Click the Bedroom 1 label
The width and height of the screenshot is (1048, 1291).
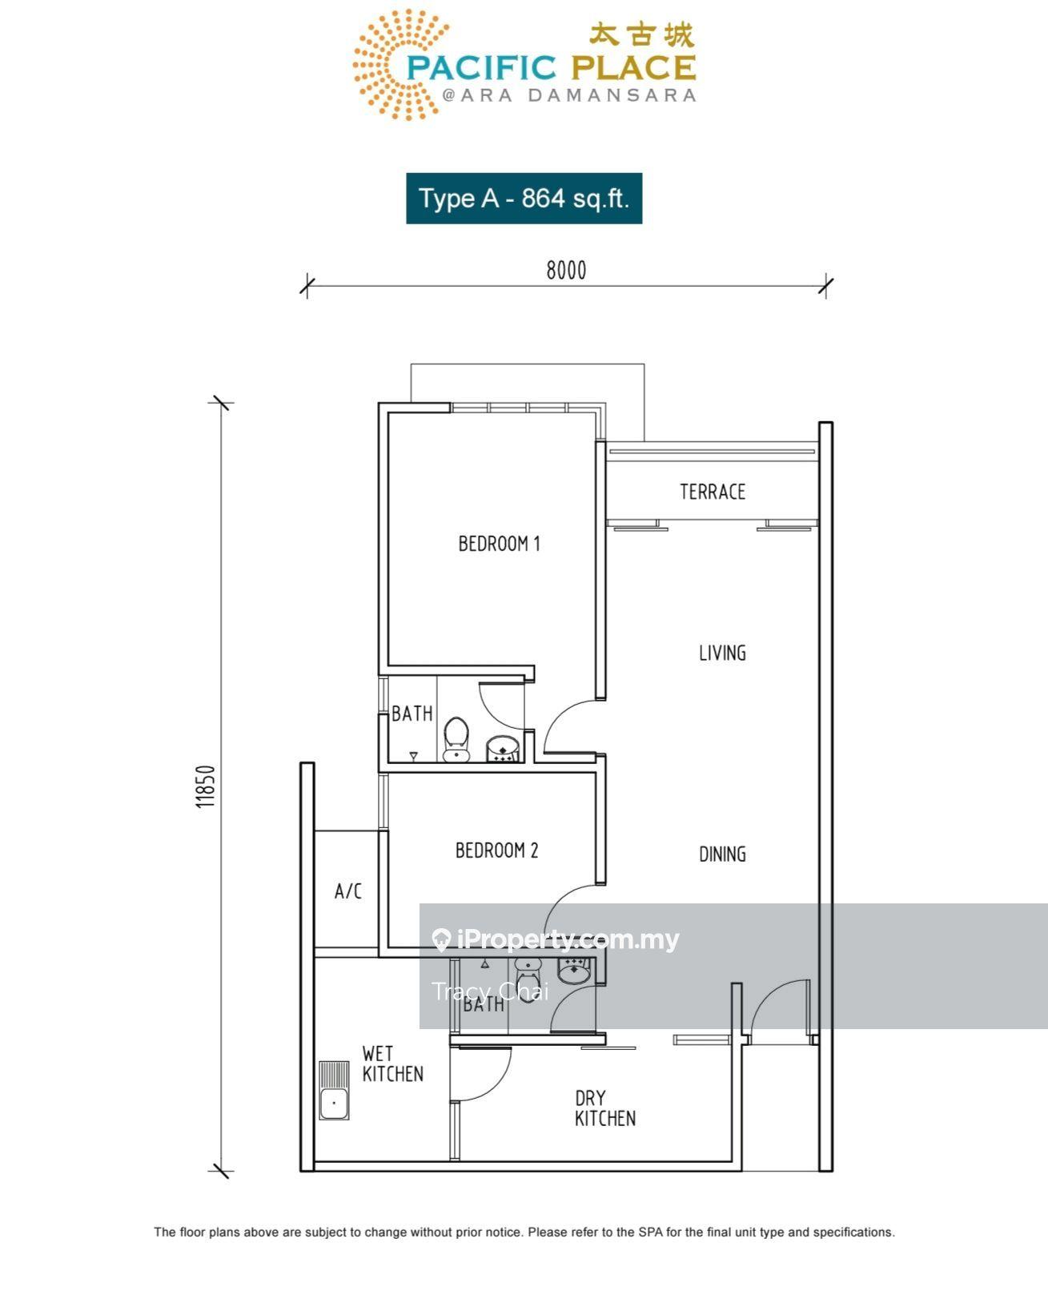(x=499, y=543)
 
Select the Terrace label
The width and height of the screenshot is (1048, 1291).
(x=713, y=492)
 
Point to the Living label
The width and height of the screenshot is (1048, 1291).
(x=722, y=653)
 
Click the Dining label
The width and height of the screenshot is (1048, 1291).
(x=722, y=854)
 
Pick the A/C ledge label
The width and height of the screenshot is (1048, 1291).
(x=348, y=891)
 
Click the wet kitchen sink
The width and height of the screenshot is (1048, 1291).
(x=334, y=1090)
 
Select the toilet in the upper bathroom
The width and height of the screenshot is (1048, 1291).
(x=456, y=739)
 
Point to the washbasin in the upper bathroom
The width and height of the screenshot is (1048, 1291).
(x=503, y=749)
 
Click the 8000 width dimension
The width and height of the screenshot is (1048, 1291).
(x=566, y=271)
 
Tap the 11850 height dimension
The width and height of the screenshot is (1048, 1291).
(x=206, y=786)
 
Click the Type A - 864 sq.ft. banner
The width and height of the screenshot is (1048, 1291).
(x=524, y=198)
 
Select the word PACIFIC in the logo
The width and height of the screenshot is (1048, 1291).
(x=481, y=68)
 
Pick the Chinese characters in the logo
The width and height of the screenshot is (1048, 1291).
(x=641, y=35)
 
